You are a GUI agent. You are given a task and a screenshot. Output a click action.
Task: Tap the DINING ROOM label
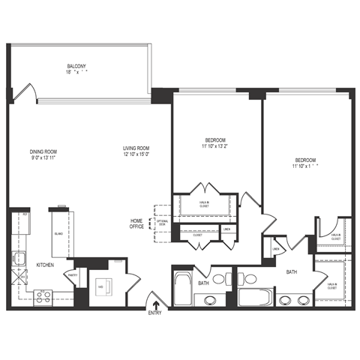click(x=43, y=151)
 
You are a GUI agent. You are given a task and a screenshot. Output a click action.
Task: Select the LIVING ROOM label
click(x=136, y=148)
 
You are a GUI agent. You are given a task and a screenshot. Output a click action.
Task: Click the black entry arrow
click(x=155, y=304)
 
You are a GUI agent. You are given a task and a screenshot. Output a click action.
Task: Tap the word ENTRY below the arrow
click(x=155, y=313)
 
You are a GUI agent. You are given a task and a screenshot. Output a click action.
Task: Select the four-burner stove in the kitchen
click(x=42, y=296)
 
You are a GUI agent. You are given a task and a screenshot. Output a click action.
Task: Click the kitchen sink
click(x=19, y=260)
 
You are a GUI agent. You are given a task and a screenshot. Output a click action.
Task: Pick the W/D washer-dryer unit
click(x=103, y=285)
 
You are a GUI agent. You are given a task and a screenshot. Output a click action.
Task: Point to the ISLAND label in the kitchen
click(x=59, y=234)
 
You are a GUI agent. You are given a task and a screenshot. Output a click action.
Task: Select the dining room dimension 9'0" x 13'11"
click(x=43, y=158)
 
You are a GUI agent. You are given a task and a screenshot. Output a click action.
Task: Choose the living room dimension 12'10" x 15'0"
click(x=136, y=155)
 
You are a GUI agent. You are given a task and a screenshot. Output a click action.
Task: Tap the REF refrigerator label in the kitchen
click(x=24, y=214)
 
